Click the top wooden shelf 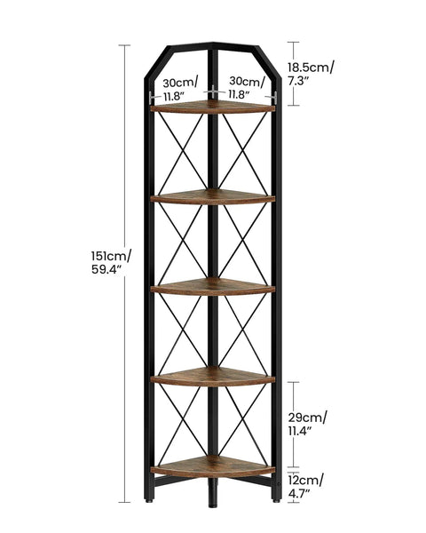(x=213, y=107)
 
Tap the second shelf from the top (x=213, y=196)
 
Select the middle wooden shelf (x=213, y=287)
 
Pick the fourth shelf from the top (x=213, y=377)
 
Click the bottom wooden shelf (x=213, y=466)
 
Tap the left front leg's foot (x=148, y=500)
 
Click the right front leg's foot (x=277, y=500)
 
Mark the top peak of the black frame (x=213, y=44)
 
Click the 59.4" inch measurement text (x=106, y=269)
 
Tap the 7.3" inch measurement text (x=298, y=81)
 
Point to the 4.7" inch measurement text (x=299, y=494)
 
